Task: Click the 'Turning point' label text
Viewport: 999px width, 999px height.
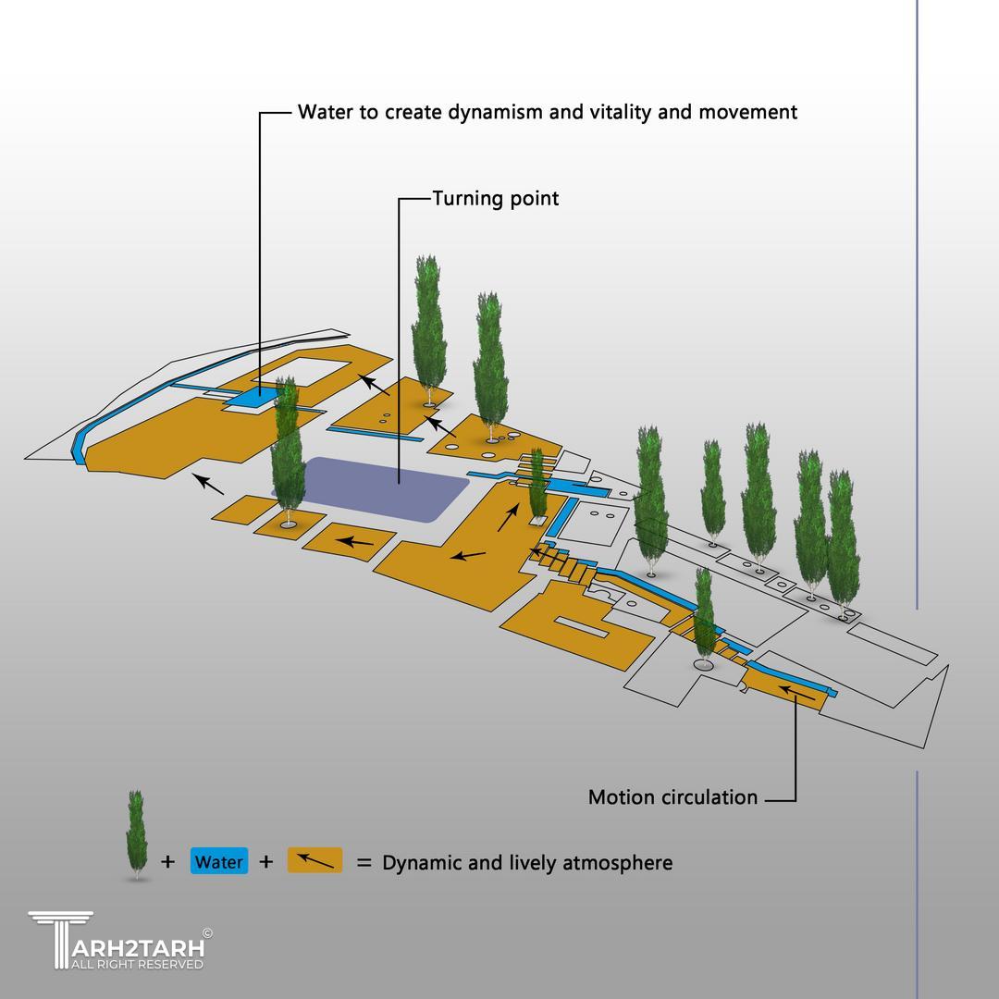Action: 496,198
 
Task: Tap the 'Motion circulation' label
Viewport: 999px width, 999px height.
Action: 672,797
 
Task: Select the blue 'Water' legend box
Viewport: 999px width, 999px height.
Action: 219,862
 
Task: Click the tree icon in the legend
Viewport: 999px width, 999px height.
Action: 137,834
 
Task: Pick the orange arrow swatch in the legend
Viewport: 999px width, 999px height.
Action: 314,861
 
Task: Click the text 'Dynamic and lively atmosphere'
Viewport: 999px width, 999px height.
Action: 527,863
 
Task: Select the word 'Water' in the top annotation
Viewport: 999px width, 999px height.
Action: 324,112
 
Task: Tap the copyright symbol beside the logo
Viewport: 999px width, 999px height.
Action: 207,933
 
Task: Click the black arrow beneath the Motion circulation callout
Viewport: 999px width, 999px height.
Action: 796,693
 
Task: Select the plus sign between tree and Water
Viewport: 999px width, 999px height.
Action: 167,862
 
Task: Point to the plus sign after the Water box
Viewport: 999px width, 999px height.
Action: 266,862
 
